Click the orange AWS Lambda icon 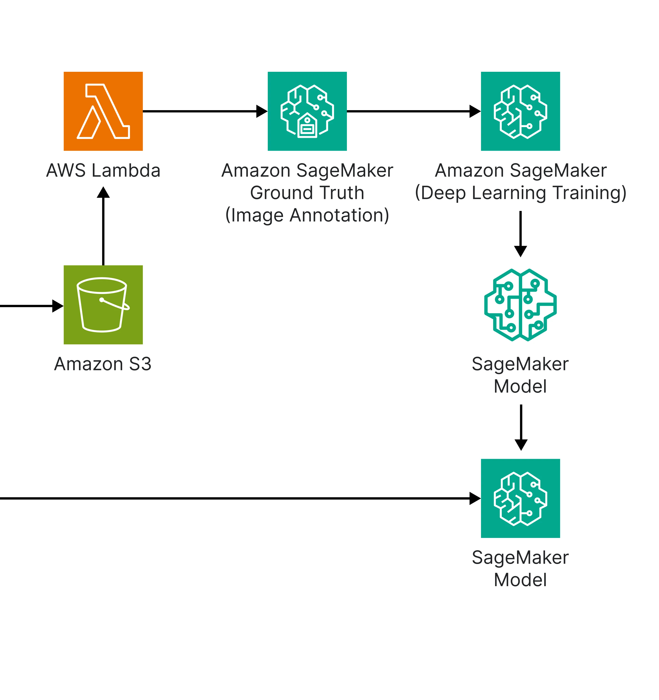(x=103, y=111)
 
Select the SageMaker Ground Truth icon (x=307, y=111)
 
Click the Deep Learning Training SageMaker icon (x=520, y=111)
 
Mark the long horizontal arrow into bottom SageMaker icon (x=240, y=498)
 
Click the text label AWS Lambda (x=103, y=170)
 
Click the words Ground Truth (x=307, y=193)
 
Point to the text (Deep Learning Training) (x=520, y=193)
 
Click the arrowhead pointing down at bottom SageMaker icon (x=521, y=445)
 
